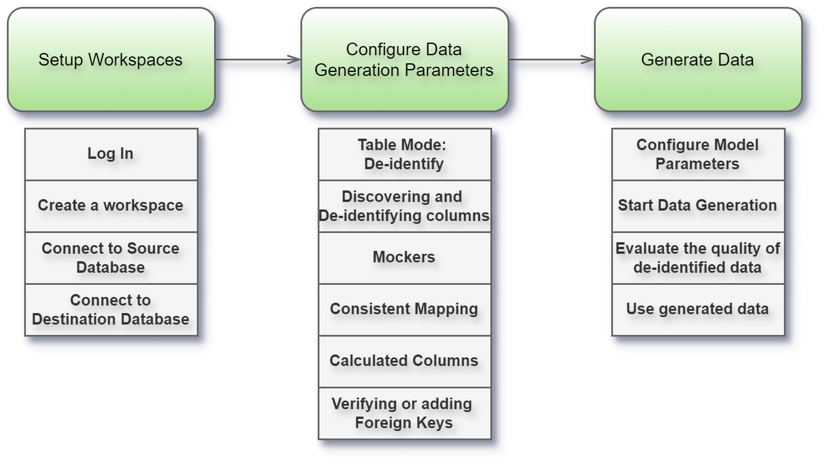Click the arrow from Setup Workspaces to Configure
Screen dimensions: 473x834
[258, 59]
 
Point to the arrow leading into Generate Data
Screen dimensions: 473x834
[551, 59]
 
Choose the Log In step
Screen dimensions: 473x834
[111, 154]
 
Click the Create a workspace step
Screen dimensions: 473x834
[111, 205]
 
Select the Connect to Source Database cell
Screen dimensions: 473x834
[111, 257]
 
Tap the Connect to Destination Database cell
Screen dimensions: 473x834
[111, 309]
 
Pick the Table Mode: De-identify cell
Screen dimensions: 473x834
[404, 154]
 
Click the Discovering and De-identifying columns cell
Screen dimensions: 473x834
[404, 205]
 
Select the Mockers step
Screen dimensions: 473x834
[404, 257]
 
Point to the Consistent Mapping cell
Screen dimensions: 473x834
[404, 309]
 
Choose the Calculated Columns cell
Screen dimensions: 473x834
[404, 361]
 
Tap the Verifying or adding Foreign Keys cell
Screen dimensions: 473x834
[404, 413]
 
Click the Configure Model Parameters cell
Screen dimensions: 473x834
[698, 154]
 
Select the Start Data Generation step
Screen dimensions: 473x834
[698, 205]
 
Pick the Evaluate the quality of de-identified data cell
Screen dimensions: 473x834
[698, 257]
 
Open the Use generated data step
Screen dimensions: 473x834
[698, 309]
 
